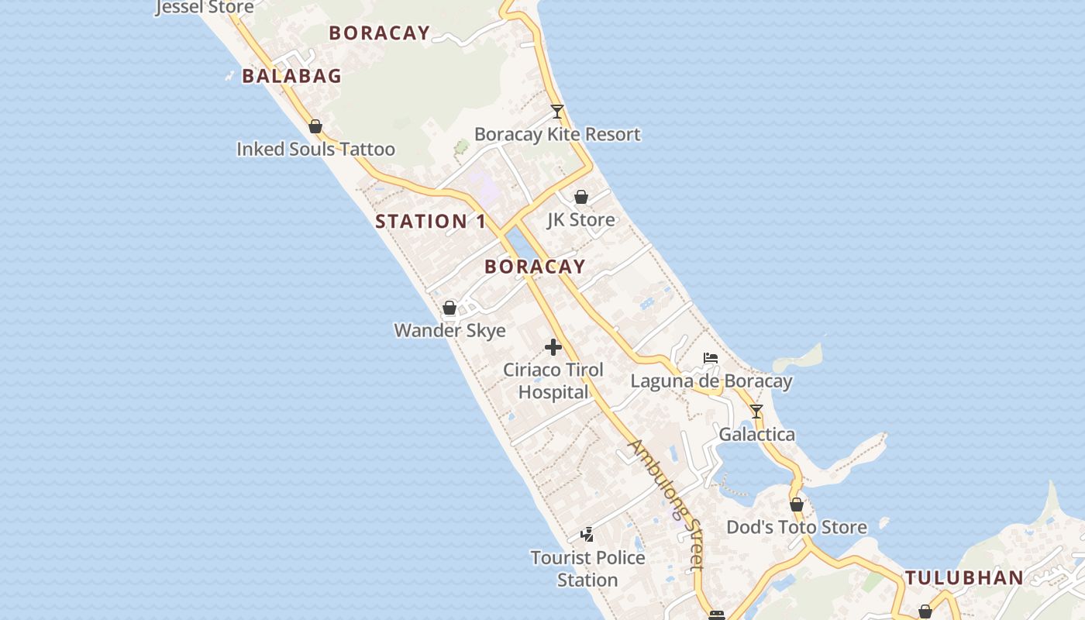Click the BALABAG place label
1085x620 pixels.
[291, 76]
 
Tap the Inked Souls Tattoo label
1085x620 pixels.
[315, 149]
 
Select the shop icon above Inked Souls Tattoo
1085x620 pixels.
[315, 126]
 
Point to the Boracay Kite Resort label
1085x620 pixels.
[557, 134]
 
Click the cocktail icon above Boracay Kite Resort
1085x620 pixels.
[557, 112]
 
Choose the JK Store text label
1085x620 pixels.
[580, 219]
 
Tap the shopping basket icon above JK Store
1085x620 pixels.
[580, 197]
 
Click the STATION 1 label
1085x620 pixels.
[431, 222]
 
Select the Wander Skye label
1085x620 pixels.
[449, 330]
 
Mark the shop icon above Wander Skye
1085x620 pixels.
[449, 308]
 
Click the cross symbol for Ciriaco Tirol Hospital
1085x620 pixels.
[553, 346]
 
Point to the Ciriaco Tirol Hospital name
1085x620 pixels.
[553, 381]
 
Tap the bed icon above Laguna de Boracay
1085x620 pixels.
[711, 358]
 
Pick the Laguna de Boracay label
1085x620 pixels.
[711, 381]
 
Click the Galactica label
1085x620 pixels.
[756, 434]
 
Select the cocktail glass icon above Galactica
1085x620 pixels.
[756, 412]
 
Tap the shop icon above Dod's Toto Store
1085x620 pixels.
[797, 505]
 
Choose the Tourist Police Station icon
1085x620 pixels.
[587, 535]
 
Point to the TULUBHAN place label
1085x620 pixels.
[964, 577]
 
